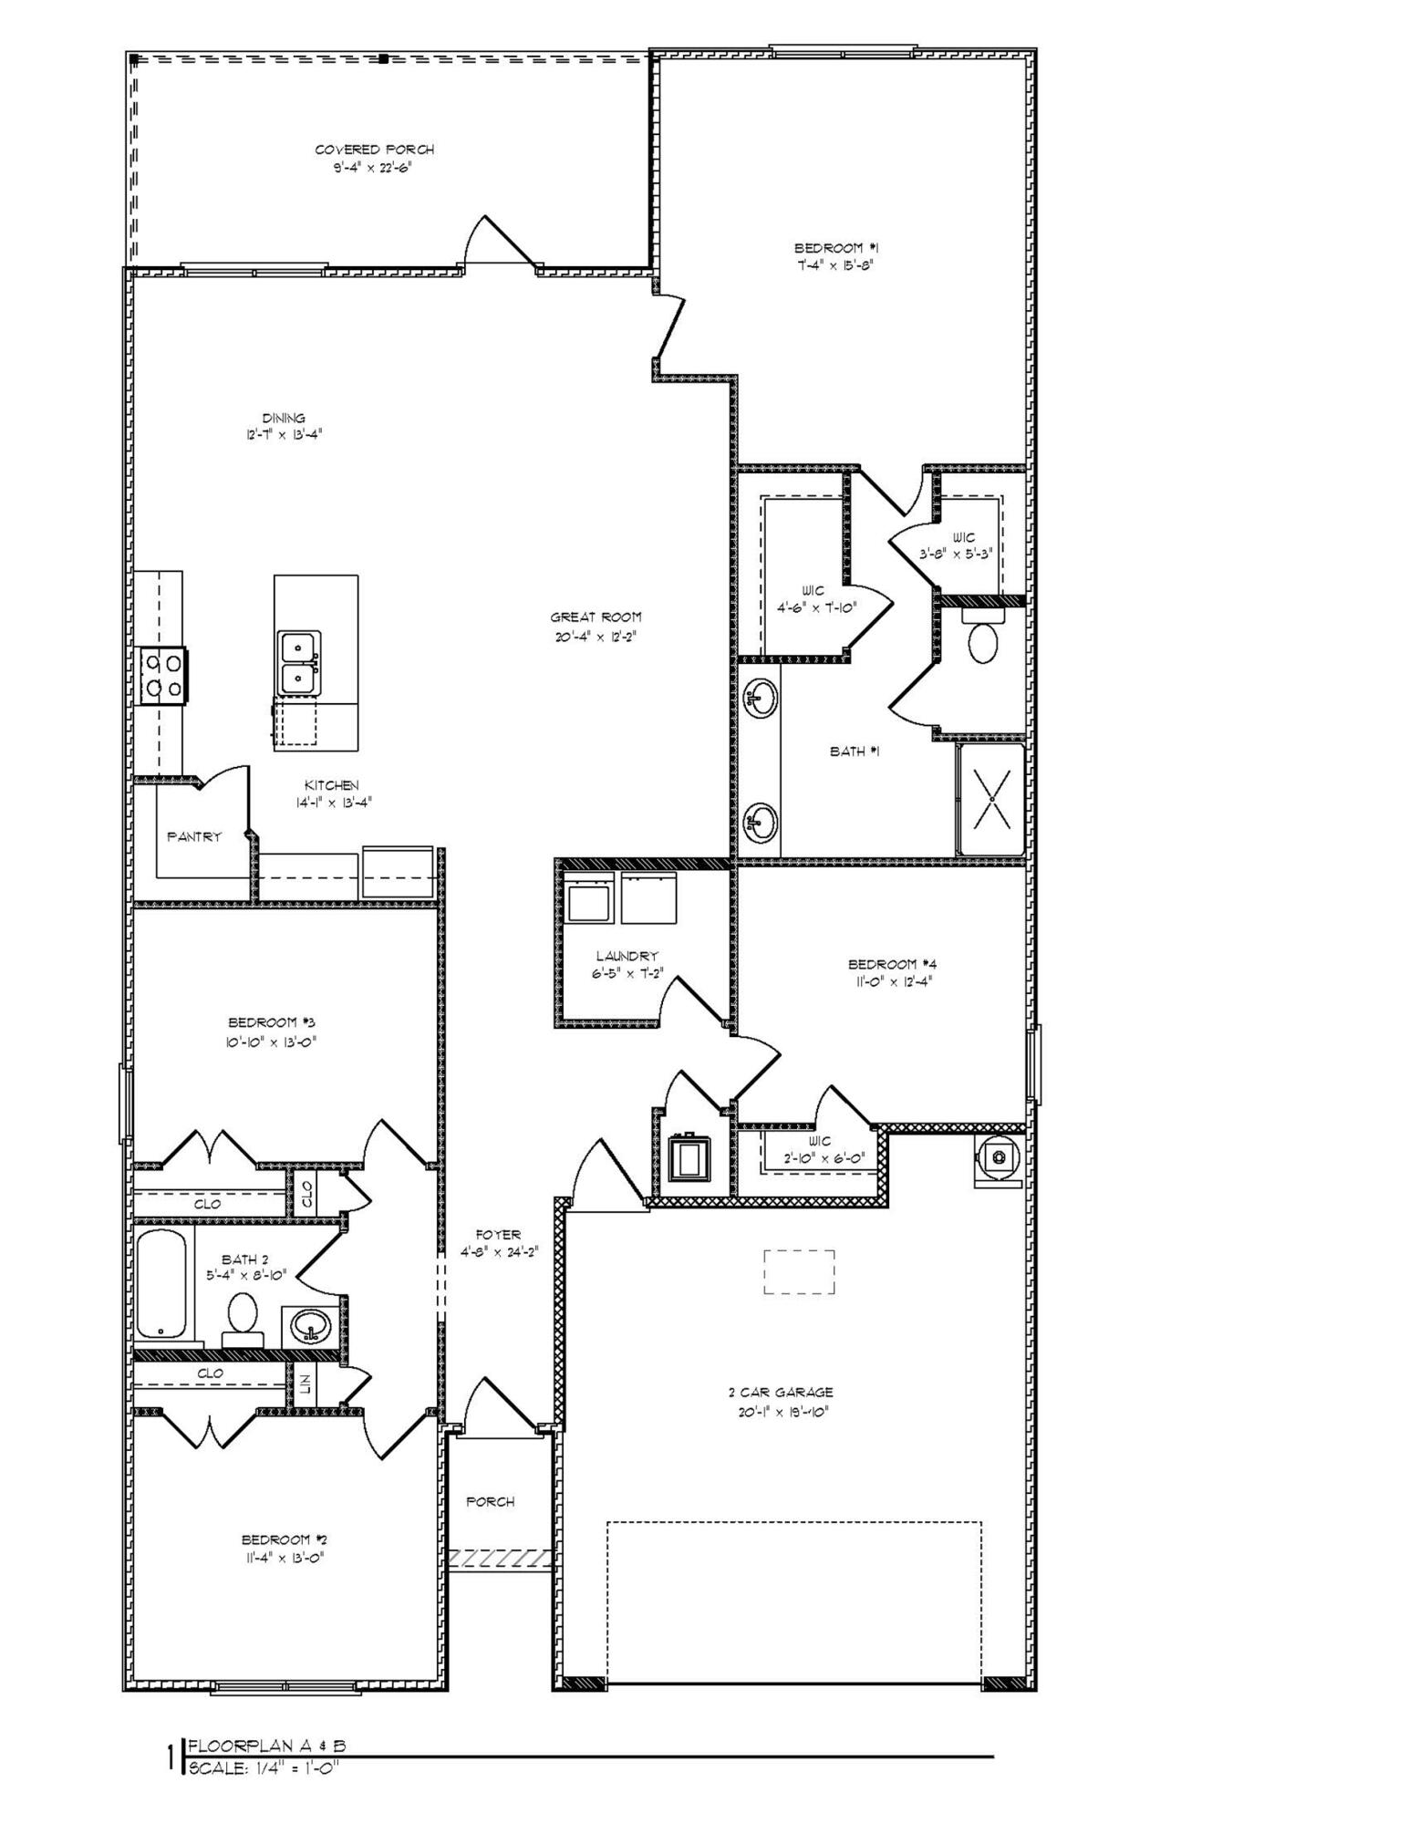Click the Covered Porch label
tap(374, 150)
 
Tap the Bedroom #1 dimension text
tap(836, 265)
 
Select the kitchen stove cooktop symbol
tap(161, 676)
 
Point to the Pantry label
tap(193, 836)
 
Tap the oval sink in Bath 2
tap(311, 1327)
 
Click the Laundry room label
tap(627, 956)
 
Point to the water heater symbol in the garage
tap(999, 1158)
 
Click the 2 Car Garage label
tap(780, 1393)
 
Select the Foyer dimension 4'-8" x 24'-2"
tap(499, 1252)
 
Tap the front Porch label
tap(490, 1501)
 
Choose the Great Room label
tap(596, 617)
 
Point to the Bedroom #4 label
tap(892, 964)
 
